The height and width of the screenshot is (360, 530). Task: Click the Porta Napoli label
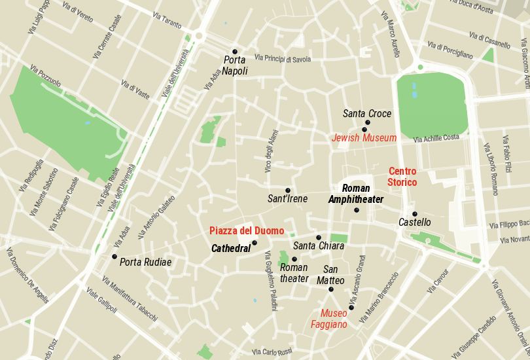click(235, 65)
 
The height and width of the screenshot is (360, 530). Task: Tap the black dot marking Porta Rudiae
click(115, 257)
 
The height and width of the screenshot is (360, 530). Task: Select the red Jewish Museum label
click(364, 138)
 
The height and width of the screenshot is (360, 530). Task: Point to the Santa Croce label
click(366, 114)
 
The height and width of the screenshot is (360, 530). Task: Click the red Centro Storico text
click(402, 177)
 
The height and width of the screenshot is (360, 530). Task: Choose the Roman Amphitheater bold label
click(356, 194)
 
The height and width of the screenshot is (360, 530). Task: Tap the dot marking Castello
click(414, 214)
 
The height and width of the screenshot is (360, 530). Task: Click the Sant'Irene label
click(287, 199)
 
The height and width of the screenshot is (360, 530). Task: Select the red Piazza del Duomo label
click(247, 231)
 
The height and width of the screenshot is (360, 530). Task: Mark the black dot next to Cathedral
click(255, 243)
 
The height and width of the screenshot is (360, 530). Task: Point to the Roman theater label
click(294, 273)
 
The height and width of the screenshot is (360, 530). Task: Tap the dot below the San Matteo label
click(331, 289)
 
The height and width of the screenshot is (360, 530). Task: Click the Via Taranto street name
click(166, 20)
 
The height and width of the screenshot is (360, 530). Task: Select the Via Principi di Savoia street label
click(283, 59)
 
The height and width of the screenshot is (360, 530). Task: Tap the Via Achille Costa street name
click(436, 138)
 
